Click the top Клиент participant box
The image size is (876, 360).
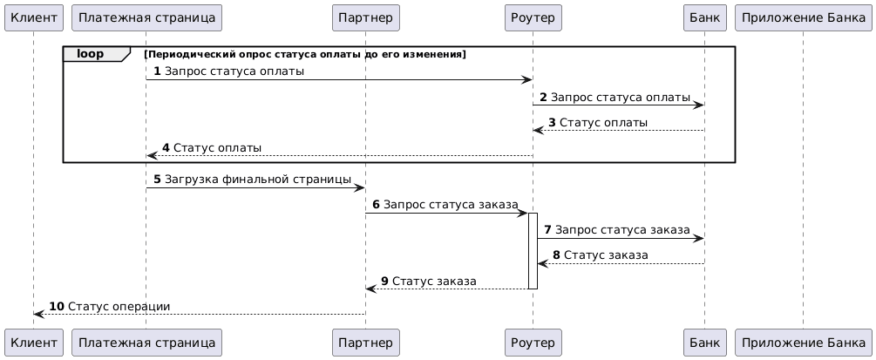coord(33,17)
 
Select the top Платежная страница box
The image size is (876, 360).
coord(147,17)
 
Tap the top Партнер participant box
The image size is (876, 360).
coord(366,17)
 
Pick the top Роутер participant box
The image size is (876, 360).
coord(533,17)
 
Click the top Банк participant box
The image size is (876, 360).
coord(704,17)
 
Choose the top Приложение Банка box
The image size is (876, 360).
coord(804,17)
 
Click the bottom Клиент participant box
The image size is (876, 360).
coord(33,342)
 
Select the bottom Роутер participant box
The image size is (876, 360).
coord(533,342)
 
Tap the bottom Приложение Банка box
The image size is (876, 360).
coord(804,342)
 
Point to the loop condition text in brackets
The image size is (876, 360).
coord(304,54)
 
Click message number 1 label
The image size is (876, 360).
coord(157,71)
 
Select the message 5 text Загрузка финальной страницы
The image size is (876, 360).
coord(258,180)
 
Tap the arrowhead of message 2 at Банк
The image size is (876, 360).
coord(698,105)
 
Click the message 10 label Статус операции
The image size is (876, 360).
coord(119,306)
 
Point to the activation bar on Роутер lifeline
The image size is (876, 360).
coord(533,251)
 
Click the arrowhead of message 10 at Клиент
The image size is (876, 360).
coord(39,314)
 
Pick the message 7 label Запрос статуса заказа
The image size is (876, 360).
coord(622,230)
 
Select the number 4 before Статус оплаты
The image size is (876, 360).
coord(166,148)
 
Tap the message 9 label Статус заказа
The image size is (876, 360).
coord(434,281)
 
